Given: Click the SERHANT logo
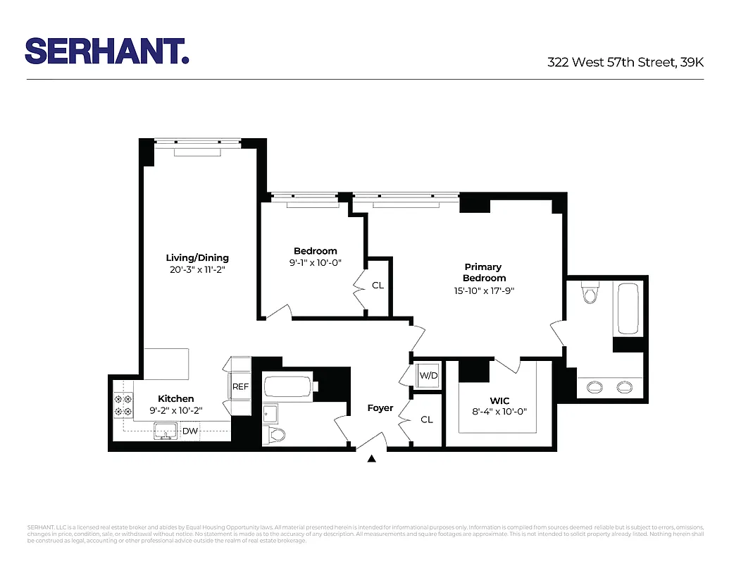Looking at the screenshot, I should [x=107, y=51].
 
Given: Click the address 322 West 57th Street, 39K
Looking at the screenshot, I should [x=625, y=62].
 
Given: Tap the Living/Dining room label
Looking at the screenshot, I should [x=197, y=257].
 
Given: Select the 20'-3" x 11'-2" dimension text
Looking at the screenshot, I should [x=197, y=269].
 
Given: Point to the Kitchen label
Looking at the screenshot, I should [x=175, y=398].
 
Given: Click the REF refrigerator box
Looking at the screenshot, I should [x=241, y=386].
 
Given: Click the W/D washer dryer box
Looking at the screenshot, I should [x=428, y=375].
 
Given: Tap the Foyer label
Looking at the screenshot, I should [x=380, y=407].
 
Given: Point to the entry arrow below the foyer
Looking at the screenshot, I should [x=372, y=459].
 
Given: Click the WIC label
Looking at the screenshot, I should [x=499, y=400].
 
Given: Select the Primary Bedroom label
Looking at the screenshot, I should [x=484, y=272].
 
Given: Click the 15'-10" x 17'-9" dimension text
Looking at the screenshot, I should [x=484, y=290].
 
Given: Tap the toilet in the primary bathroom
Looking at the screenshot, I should [x=590, y=291].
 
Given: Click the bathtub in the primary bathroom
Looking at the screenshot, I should [x=628, y=309].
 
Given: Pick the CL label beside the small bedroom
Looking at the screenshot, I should [x=378, y=286].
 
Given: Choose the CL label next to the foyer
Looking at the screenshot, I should [x=427, y=419].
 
